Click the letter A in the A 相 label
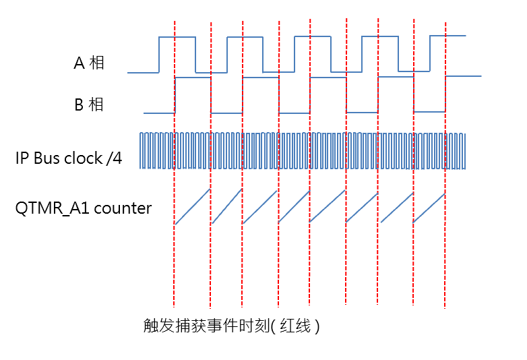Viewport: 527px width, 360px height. [78, 64]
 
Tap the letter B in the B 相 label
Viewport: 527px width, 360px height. [78, 105]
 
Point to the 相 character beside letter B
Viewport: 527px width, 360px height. [96, 105]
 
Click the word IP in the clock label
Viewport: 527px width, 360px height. [22, 159]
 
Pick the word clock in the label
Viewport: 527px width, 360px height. [84, 159]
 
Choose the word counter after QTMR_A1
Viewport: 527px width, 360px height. [123, 208]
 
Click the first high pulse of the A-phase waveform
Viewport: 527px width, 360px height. [177, 37]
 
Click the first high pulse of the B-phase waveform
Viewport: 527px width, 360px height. [193, 78]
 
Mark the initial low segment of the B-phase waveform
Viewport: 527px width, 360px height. [159, 113]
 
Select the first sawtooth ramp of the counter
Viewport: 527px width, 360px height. [193, 206]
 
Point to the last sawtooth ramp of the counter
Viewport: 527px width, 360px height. [429, 207]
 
